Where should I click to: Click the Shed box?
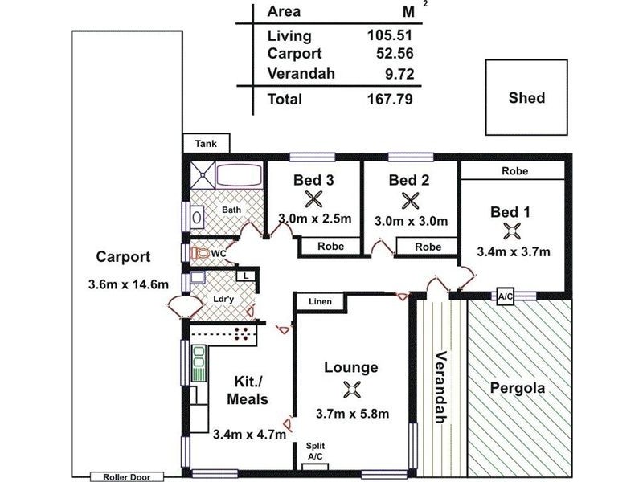point(526,98)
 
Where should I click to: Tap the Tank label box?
point(206,143)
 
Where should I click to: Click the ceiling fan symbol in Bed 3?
point(313,199)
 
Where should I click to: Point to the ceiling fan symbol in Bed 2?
point(410,199)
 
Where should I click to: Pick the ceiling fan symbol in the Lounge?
point(350,390)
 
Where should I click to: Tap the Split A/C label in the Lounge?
point(316,451)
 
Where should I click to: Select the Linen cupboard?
point(320,302)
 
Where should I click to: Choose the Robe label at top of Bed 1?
point(514,171)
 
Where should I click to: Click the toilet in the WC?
point(201,253)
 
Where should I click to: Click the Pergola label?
point(518,388)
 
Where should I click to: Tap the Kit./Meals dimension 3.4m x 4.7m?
point(250,435)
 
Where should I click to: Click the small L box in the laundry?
point(245,276)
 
